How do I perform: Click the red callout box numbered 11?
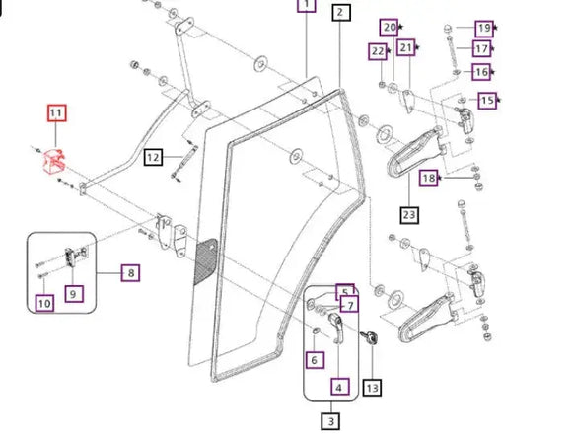56,112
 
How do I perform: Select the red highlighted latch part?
54,162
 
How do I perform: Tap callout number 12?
153,157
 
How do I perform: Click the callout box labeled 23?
409,215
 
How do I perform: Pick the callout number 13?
372,388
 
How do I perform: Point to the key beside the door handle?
369,337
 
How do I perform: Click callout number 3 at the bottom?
330,421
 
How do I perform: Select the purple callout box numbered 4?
339,387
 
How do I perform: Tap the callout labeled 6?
315,360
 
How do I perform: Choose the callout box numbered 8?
130,273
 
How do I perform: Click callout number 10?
44,303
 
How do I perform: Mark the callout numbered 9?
74,294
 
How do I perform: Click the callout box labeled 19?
484,29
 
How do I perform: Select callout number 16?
481,72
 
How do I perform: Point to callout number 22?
378,51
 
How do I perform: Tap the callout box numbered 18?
429,178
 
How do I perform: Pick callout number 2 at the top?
341,13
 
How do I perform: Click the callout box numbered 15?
488,100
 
